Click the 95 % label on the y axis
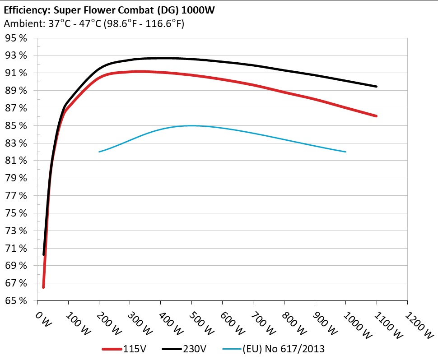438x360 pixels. point(16,38)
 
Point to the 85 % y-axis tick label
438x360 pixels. point(16,126)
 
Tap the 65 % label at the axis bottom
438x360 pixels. point(16,301)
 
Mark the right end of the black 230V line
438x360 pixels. point(376,86)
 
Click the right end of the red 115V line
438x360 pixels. point(376,116)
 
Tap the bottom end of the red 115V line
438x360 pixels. point(43,287)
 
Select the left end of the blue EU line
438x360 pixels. point(99,152)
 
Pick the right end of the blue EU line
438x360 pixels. point(346,152)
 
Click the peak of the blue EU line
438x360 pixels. point(192,125)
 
